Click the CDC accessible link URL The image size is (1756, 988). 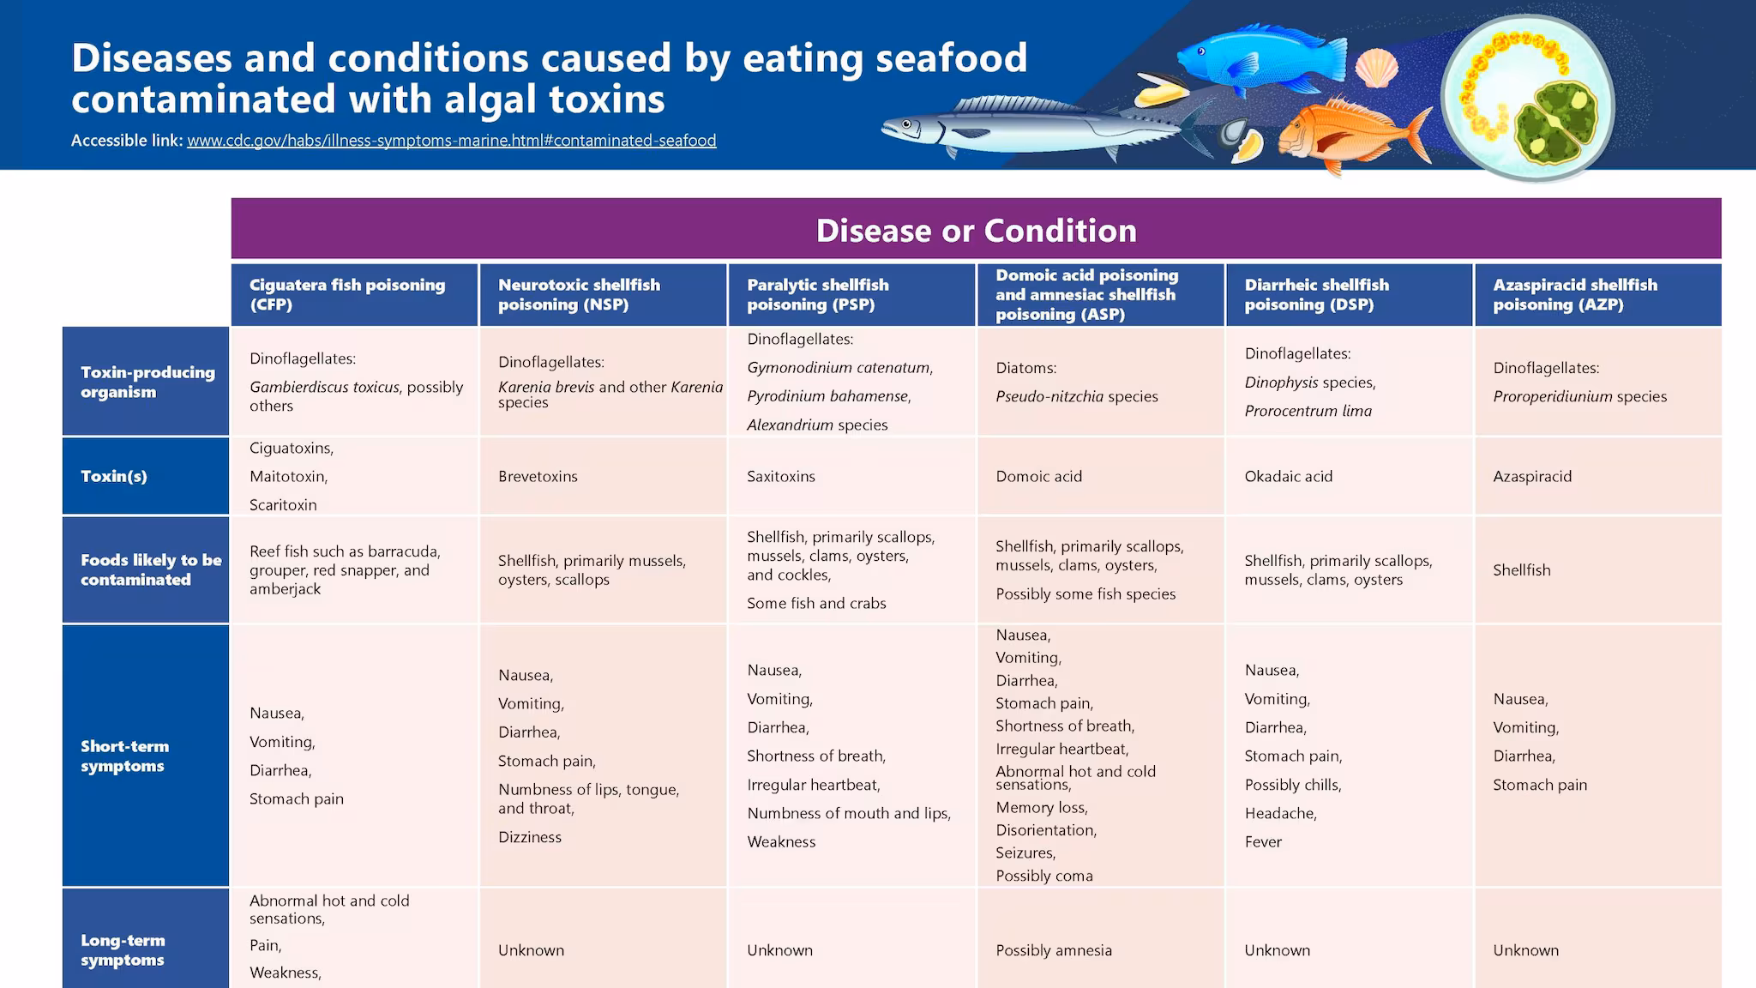[x=451, y=141]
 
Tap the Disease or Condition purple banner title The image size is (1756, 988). [x=976, y=230]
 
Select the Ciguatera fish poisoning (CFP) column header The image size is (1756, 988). [x=347, y=294]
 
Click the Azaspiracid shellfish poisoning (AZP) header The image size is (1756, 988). [x=1574, y=294]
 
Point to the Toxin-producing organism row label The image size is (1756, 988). [x=147, y=382]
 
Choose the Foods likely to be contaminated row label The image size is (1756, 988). [x=150, y=569]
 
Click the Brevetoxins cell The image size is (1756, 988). [x=538, y=476]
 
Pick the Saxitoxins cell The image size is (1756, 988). [x=780, y=476]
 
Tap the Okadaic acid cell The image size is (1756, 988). [x=1288, y=476]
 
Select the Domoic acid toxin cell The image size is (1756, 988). [x=1038, y=476]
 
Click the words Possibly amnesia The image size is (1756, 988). [x=1053, y=950]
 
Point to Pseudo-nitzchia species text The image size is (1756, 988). [x=1076, y=396]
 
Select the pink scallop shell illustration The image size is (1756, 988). [x=1376, y=68]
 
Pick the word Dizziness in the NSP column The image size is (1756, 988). [x=529, y=837]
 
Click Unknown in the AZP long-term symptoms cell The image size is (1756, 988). [x=1525, y=950]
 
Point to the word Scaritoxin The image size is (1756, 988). [x=283, y=505]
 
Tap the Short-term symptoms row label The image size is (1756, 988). [x=124, y=756]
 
